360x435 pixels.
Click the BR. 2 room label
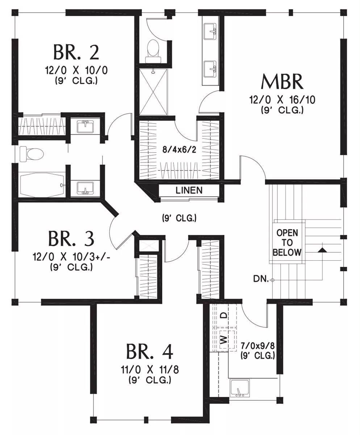(x=76, y=52)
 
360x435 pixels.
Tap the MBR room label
(x=282, y=82)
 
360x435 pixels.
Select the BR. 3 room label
(x=71, y=239)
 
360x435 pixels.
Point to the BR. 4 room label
(x=150, y=352)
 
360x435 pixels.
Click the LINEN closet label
(x=189, y=190)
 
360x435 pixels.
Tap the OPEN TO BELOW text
(x=287, y=243)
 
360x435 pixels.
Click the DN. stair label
(x=261, y=279)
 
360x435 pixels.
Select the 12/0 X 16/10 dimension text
(x=282, y=100)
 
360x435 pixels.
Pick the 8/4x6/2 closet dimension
(x=179, y=150)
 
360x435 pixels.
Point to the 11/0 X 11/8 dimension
(x=150, y=370)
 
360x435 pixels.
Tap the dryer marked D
(x=226, y=315)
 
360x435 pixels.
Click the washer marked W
(x=226, y=340)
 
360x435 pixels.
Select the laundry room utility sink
(x=240, y=388)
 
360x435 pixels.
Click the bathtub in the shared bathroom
(x=41, y=185)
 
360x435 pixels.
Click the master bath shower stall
(x=153, y=92)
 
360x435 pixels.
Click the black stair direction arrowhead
(x=322, y=250)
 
